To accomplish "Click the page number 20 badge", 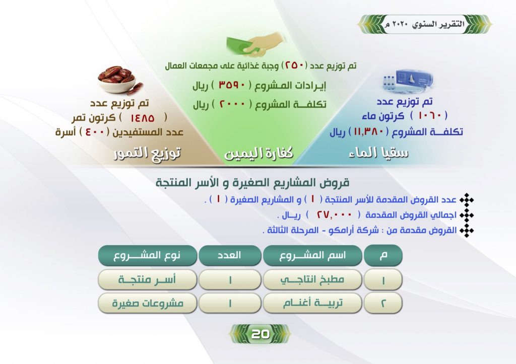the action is click(260, 334).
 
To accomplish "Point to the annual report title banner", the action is click(424, 24).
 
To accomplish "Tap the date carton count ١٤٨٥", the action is click(142, 118).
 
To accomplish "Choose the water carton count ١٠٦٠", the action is click(429, 115).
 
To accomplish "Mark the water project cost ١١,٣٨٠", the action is click(368, 132).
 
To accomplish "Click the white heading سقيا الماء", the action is click(378, 153).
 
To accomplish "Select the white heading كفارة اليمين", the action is click(259, 153).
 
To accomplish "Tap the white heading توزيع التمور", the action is click(147, 153).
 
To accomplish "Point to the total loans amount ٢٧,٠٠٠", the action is click(334, 214).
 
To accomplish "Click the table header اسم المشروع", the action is click(312, 255).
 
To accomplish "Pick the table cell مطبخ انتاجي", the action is click(312, 279).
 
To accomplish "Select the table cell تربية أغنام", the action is click(312, 303).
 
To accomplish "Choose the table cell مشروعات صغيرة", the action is click(148, 303).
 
